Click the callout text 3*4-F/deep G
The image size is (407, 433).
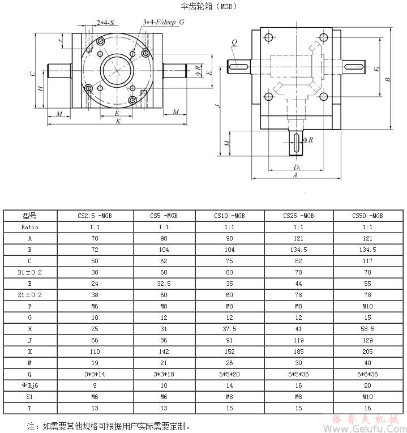164,22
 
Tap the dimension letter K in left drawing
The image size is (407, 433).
118,121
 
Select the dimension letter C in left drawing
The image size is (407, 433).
33,74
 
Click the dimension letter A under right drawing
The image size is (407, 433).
295,176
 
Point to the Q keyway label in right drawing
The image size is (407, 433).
234,41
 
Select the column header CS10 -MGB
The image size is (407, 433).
229,216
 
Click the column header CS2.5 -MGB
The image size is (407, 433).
95,216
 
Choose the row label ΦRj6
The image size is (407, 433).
29,387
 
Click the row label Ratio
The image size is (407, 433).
29,226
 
